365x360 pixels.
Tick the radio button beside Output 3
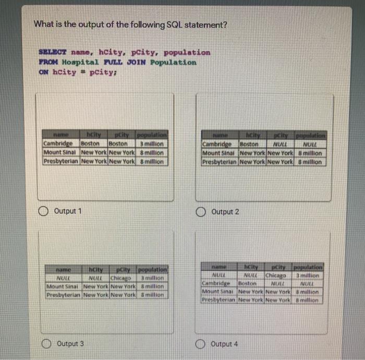(x=47, y=343)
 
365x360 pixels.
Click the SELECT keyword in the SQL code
(x=53, y=53)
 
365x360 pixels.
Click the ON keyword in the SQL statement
(x=43, y=73)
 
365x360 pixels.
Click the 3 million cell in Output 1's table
(x=151, y=143)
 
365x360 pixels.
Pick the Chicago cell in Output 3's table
(x=121, y=278)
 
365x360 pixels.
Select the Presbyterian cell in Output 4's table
(x=218, y=300)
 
